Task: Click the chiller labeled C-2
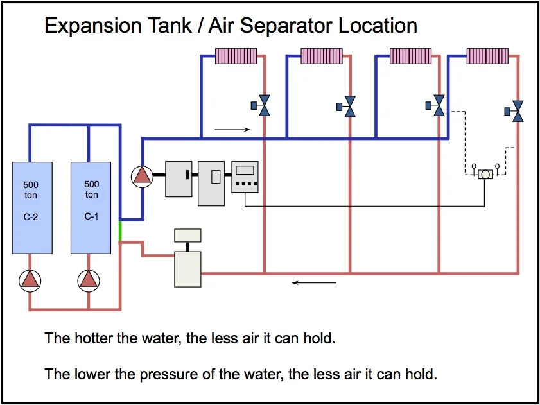pyautogui.click(x=32, y=207)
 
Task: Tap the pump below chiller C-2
pyautogui.click(x=30, y=279)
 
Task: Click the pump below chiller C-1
pyautogui.click(x=89, y=279)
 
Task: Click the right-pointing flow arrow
pyautogui.click(x=232, y=130)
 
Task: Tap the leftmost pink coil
pyautogui.click(x=236, y=56)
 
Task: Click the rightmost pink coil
pyautogui.click(x=487, y=56)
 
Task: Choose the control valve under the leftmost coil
pyautogui.click(x=261, y=106)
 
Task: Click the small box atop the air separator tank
pyautogui.click(x=187, y=235)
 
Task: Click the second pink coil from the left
pyautogui.click(x=322, y=56)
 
